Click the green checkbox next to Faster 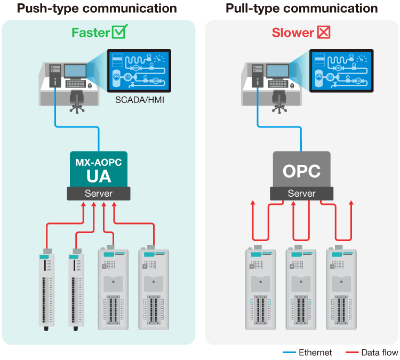coord(119,32)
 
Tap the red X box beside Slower coord(324,32)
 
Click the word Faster coord(91,33)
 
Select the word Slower coord(293,33)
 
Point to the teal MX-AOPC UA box coord(99,169)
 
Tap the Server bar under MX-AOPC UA coord(99,194)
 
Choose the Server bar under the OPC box coord(301,194)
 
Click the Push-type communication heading coord(97,9)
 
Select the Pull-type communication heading coord(301,9)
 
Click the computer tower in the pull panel coord(255,75)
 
